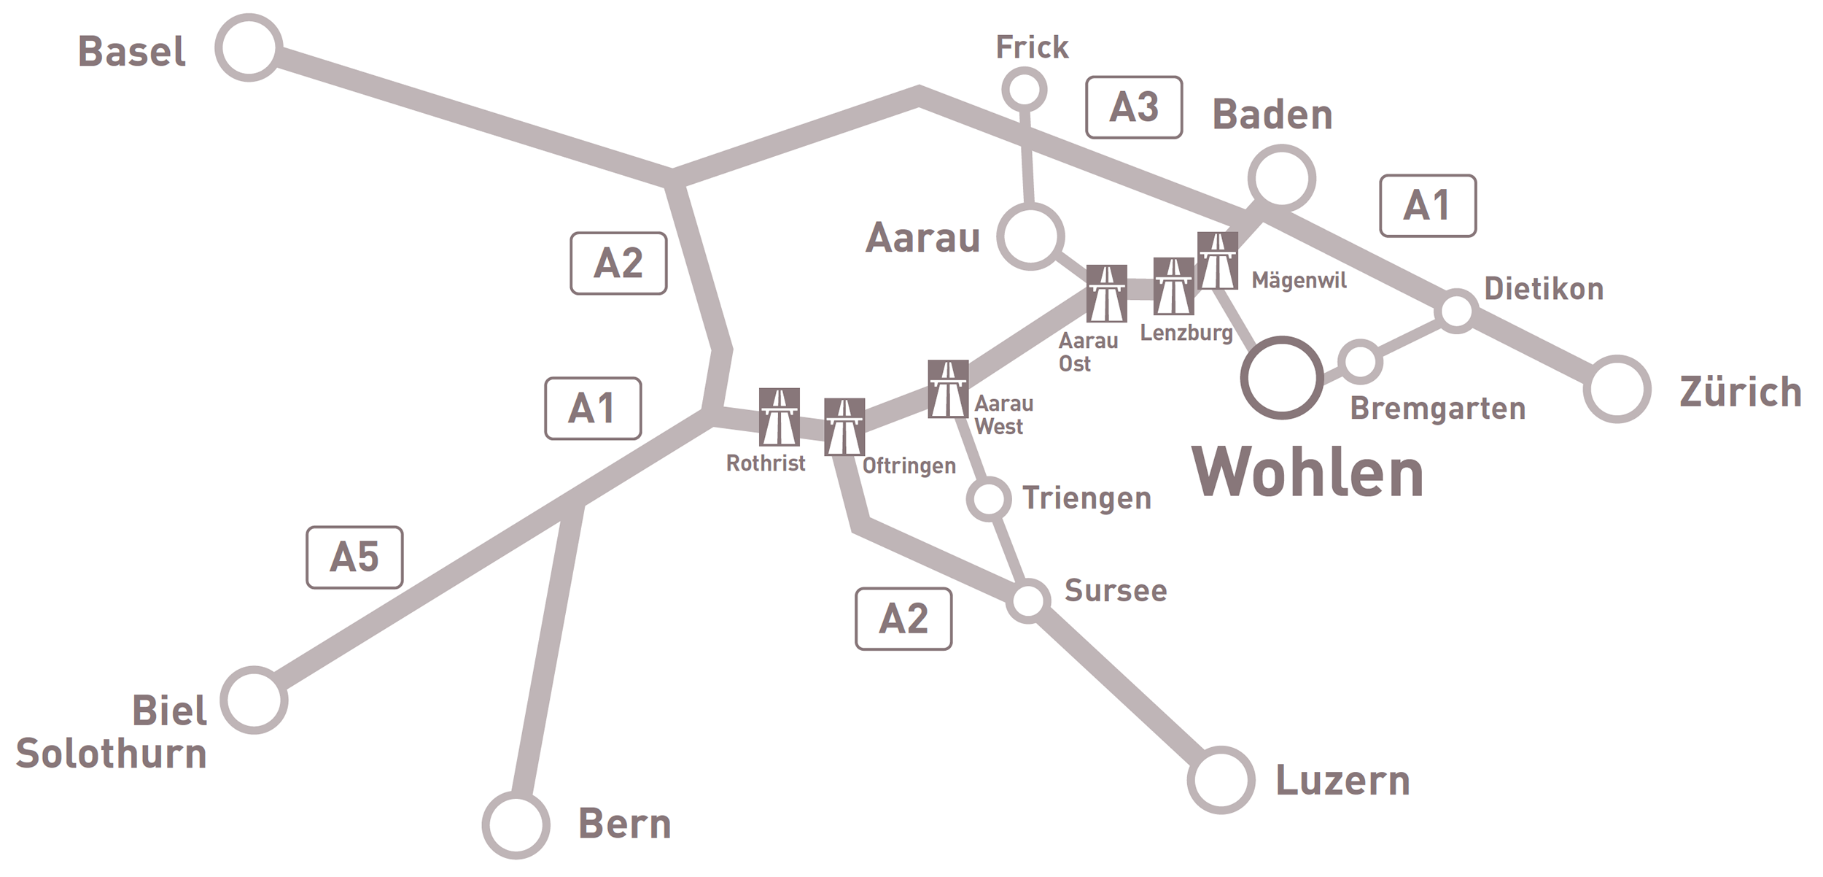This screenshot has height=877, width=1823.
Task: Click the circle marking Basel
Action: pyautogui.click(x=249, y=48)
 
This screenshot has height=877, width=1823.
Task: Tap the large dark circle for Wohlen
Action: pyautogui.click(x=1282, y=377)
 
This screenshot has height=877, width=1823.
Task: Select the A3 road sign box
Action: pyautogui.click(x=1133, y=107)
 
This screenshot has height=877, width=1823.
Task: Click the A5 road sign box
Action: pyautogui.click(x=354, y=557)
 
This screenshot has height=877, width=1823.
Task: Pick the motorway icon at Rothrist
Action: pyautogui.click(x=779, y=417)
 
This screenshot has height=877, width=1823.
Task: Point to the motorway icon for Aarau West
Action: pyautogui.click(x=948, y=389)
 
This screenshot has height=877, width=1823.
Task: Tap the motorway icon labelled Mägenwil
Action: pyautogui.click(x=1217, y=260)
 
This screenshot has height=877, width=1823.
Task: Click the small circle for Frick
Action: pyautogui.click(x=1025, y=90)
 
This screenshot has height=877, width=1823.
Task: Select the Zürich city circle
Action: pyautogui.click(x=1617, y=389)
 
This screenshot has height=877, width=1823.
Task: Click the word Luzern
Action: pyautogui.click(x=1342, y=781)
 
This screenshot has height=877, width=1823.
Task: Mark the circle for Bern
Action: pyautogui.click(x=516, y=824)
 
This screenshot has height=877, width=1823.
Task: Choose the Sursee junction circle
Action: pyautogui.click(x=1028, y=600)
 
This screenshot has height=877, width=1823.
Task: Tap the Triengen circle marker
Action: pyautogui.click(x=989, y=499)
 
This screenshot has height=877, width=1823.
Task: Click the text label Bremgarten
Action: pyautogui.click(x=1437, y=409)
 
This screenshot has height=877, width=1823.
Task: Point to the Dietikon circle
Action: pyautogui.click(x=1456, y=311)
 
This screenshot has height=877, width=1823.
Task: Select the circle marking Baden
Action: pyautogui.click(x=1281, y=179)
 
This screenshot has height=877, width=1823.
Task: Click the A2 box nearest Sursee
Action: pyautogui.click(x=903, y=619)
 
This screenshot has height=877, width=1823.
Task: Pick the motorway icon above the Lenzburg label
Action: pyautogui.click(x=1173, y=286)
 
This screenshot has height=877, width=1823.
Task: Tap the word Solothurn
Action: pyautogui.click(x=112, y=754)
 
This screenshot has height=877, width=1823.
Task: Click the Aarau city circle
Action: pyautogui.click(x=1030, y=236)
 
